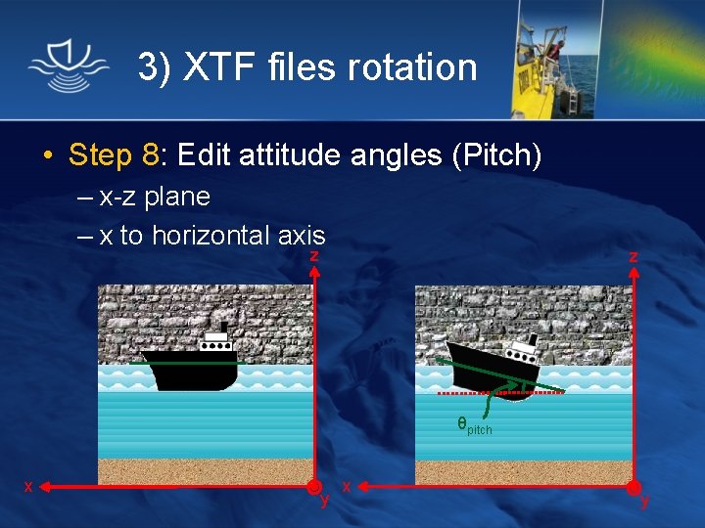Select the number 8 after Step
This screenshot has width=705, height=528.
[x=150, y=154]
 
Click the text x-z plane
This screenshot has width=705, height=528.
[x=155, y=197]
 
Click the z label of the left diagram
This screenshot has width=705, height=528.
[x=313, y=255]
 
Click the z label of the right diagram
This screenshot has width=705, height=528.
[x=634, y=256]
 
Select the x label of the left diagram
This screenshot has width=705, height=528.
[x=28, y=486]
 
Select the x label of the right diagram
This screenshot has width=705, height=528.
[x=348, y=486]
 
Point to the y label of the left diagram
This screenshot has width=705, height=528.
[x=324, y=502]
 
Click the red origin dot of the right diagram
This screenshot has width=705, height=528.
[x=634, y=487]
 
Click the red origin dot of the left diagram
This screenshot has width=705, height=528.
[x=313, y=487]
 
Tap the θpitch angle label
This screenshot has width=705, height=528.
[x=474, y=425]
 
